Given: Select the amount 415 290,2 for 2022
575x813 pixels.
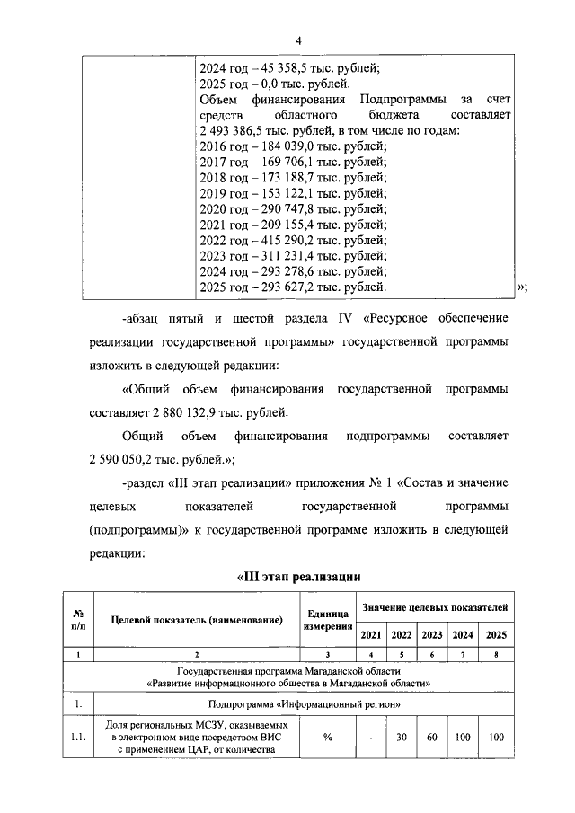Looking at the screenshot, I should click(280, 240).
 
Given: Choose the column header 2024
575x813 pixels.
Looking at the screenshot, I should click(464, 635).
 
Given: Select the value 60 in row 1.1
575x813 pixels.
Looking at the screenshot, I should click(432, 738).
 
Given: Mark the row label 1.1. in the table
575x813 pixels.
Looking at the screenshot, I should click(77, 738).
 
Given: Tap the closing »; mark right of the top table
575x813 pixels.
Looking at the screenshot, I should click(522, 287).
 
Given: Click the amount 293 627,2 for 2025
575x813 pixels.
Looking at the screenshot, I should click(280, 287).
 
